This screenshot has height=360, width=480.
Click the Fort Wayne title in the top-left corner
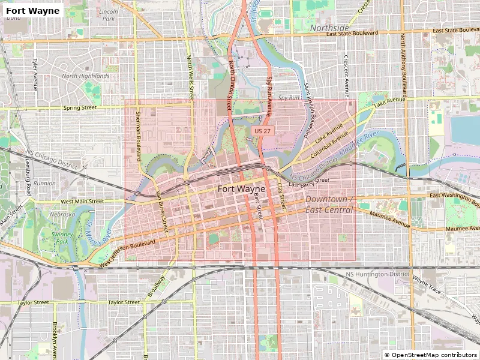33,10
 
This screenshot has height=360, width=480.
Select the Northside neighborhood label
329,28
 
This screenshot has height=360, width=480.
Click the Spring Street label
79,108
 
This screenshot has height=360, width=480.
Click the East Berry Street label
308,182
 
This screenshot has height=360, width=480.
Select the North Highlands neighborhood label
86,76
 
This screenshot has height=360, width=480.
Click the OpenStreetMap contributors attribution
431,355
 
